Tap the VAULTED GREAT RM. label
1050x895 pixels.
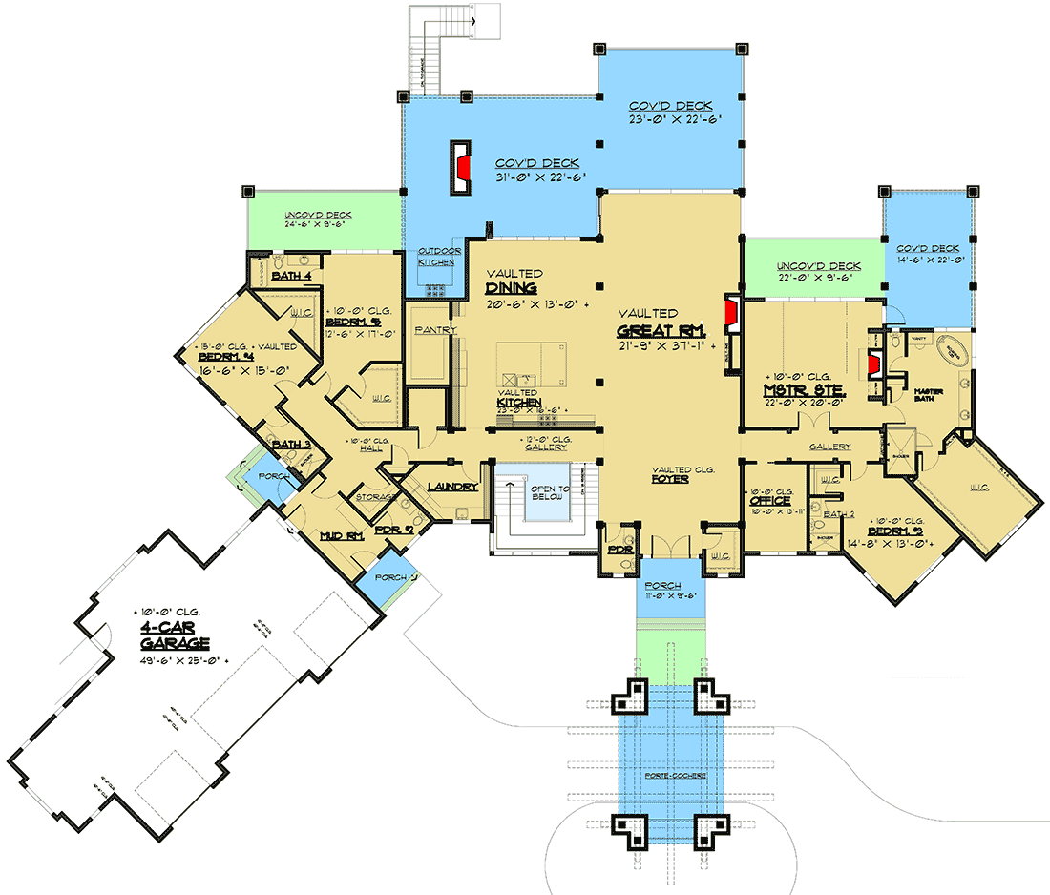[x=660, y=331]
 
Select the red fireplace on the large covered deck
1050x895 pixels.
[x=461, y=169]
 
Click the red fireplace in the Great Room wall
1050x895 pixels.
[x=731, y=312]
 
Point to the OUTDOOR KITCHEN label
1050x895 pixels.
[x=434, y=257]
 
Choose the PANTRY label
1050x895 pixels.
[x=435, y=330]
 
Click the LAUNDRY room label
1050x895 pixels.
[x=452, y=487]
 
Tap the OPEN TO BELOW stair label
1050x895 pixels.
[x=550, y=492]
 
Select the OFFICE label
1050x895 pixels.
[x=768, y=500]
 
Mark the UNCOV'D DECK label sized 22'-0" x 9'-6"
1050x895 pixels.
[x=818, y=266]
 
